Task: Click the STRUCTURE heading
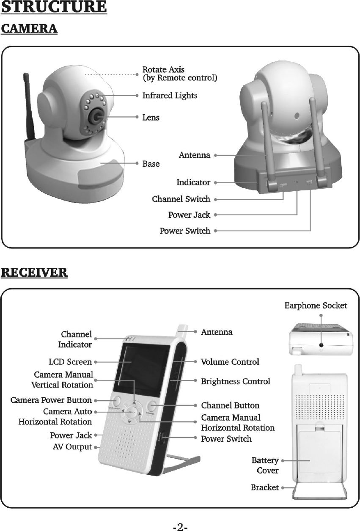(x=54, y=8)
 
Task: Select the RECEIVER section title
(x=34, y=272)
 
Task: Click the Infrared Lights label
(x=169, y=96)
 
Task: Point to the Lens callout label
(x=151, y=117)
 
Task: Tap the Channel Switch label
(x=181, y=199)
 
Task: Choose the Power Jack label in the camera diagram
(x=189, y=215)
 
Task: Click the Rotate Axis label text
(x=163, y=69)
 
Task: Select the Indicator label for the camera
(x=193, y=182)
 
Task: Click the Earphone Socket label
(x=316, y=305)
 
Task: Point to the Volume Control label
(x=230, y=362)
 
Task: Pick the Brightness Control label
(x=235, y=382)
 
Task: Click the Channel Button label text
(x=230, y=406)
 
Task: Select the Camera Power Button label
(x=51, y=400)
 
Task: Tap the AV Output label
(x=72, y=447)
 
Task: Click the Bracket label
(x=264, y=487)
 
